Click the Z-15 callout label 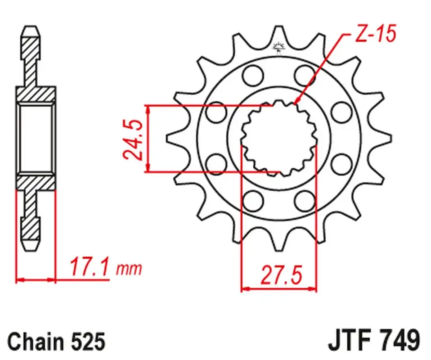click(x=376, y=34)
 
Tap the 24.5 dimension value click(x=133, y=139)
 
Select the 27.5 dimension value click(x=281, y=275)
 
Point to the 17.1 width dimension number click(x=89, y=267)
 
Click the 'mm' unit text click(x=129, y=269)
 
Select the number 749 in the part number click(x=399, y=341)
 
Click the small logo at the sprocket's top click(x=279, y=48)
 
